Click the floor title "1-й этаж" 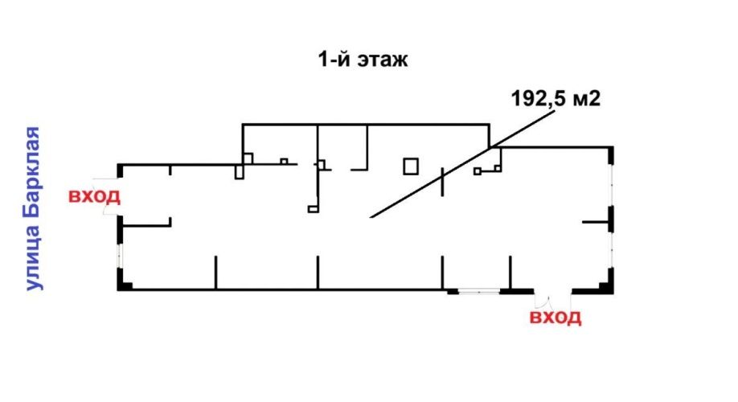(363, 59)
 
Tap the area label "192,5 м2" (556, 99)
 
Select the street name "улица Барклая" (33, 208)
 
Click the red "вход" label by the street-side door (94, 196)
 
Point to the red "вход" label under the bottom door (556, 317)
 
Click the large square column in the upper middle (411, 166)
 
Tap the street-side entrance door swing (106, 197)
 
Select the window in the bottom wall (479, 291)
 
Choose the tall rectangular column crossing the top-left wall (239, 171)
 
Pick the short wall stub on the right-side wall (597, 222)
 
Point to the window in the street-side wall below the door (119, 256)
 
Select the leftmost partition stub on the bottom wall (215, 273)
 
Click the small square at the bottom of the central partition (313, 209)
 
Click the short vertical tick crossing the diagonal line (442, 182)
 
